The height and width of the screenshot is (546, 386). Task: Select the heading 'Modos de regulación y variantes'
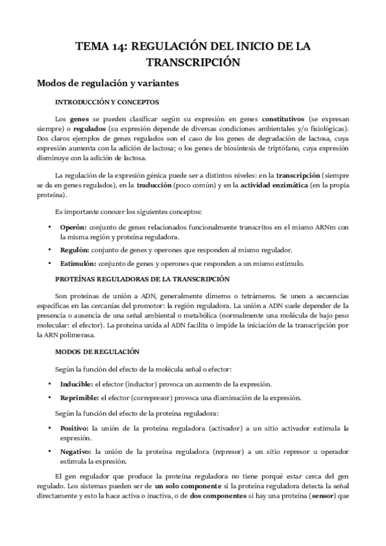(x=108, y=83)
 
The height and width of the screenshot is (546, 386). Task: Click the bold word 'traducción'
(x=154, y=185)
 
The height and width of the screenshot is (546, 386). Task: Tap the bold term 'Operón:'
(x=73, y=227)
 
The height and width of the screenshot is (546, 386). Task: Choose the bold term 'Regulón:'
(x=74, y=249)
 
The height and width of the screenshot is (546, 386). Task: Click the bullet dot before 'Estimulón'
(x=50, y=263)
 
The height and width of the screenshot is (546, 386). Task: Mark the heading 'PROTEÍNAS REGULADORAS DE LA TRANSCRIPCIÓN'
(x=142, y=279)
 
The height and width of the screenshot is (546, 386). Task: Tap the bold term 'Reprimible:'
(x=79, y=397)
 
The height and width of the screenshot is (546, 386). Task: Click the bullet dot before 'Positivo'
(x=50, y=428)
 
